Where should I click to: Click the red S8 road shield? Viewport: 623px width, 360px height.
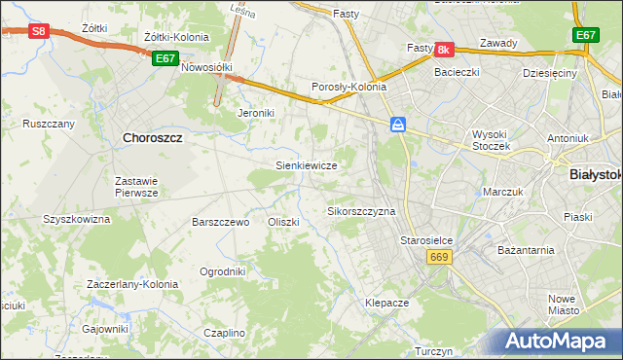pyautogui.click(x=37, y=31)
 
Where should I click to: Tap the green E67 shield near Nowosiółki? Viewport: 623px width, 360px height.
pyautogui.click(x=165, y=59)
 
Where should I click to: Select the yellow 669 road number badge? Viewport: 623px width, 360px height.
pyautogui.click(x=437, y=256)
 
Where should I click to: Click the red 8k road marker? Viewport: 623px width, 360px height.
pyautogui.click(x=444, y=49)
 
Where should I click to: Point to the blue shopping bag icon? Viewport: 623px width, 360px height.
pyautogui.click(x=398, y=125)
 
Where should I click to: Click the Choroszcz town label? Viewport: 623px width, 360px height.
pyautogui.click(x=154, y=138)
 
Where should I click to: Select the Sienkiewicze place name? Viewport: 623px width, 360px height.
pyautogui.click(x=307, y=165)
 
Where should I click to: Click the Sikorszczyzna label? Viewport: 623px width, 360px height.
pyautogui.click(x=361, y=211)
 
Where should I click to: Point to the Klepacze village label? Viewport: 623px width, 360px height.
pyautogui.click(x=386, y=303)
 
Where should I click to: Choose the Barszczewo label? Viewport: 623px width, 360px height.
pyautogui.click(x=221, y=222)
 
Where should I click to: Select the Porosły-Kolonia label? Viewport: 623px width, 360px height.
pyautogui.click(x=348, y=87)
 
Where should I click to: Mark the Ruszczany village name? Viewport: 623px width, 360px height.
pyautogui.click(x=49, y=124)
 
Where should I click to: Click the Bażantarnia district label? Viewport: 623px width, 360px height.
pyautogui.click(x=526, y=249)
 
